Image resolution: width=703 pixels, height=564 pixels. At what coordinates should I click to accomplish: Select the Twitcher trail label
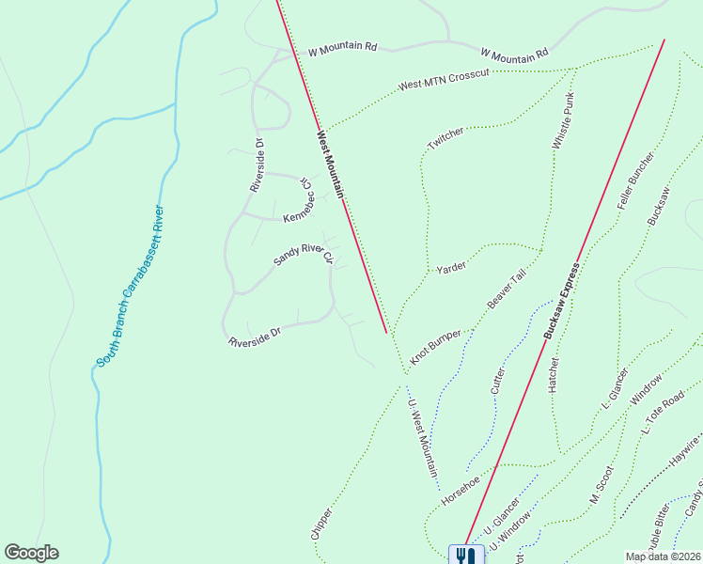tap(445, 138)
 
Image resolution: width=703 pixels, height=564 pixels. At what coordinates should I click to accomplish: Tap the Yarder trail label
tap(451, 268)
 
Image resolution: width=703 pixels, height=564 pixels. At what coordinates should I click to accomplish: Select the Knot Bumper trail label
tap(436, 345)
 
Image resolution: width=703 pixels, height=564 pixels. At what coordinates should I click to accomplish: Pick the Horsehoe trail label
tap(461, 488)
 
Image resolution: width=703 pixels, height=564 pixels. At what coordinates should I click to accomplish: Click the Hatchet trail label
tap(555, 374)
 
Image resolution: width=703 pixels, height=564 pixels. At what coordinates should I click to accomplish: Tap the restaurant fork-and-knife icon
tap(466, 555)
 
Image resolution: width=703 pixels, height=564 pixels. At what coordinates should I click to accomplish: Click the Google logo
tap(32, 553)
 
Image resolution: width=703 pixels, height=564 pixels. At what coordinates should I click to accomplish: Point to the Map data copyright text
tap(664, 556)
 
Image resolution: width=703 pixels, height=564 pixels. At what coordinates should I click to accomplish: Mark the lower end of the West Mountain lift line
tap(386, 332)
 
